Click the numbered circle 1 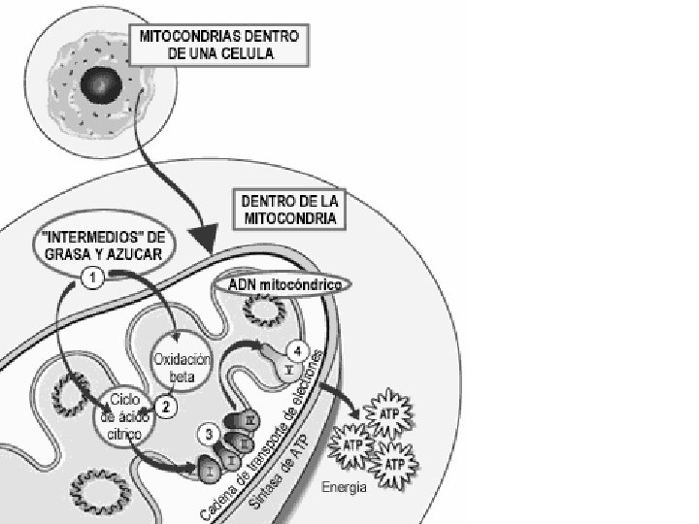click(92, 278)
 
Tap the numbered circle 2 click(166, 408)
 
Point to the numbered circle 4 click(300, 351)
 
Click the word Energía click(345, 488)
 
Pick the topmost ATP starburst click(387, 414)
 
